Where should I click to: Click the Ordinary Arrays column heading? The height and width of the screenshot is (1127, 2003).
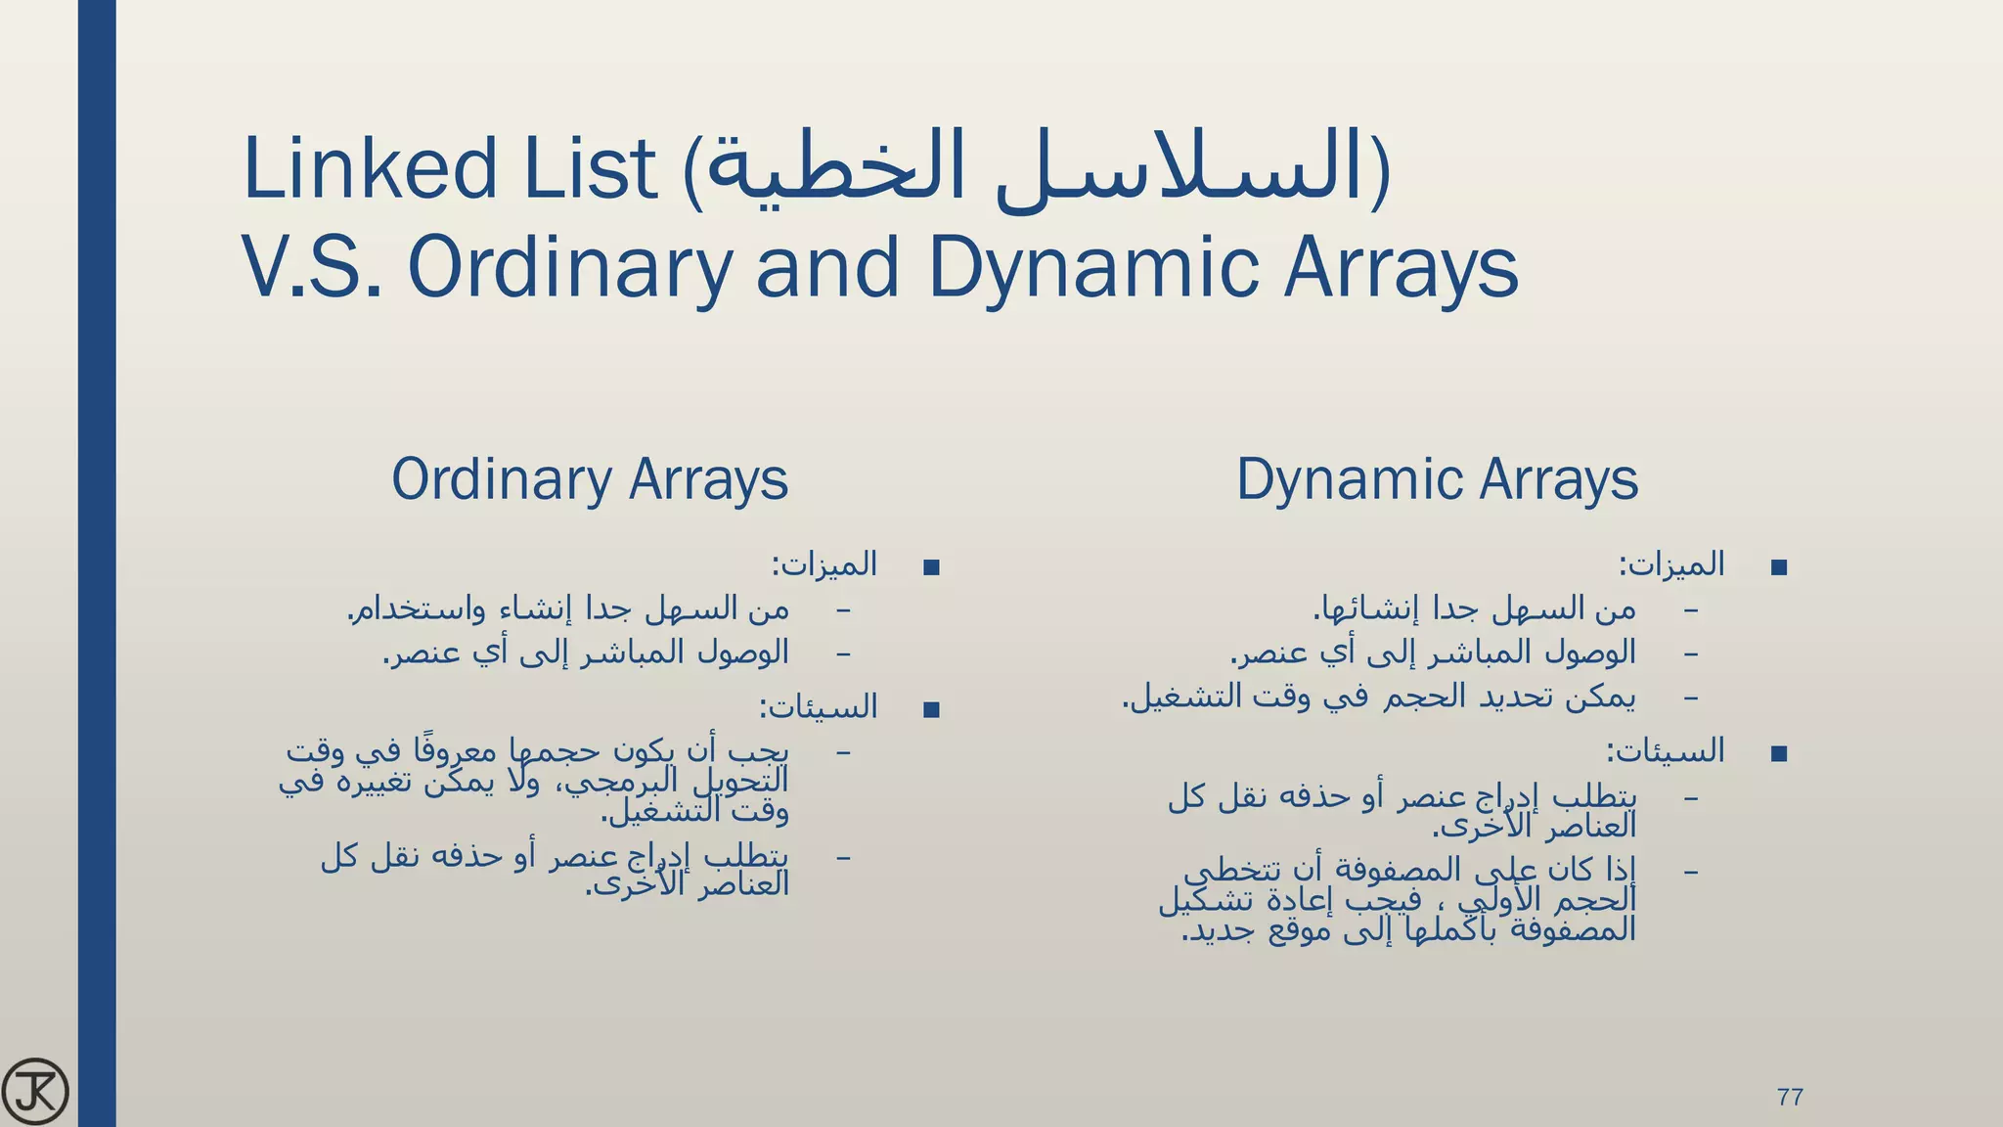tap(590, 479)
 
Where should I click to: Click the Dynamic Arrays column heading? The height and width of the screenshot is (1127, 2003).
tap(1437, 479)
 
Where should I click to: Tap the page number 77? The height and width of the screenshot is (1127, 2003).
tap(1790, 1097)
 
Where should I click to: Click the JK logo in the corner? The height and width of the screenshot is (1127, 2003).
tap(35, 1090)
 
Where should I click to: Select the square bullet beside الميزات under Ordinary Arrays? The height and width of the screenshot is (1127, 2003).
tap(931, 567)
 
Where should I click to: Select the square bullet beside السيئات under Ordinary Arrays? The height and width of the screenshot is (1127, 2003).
tap(931, 710)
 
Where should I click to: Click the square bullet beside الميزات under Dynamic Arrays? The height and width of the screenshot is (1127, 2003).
tap(1779, 567)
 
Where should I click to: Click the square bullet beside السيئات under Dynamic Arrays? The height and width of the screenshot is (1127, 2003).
tap(1779, 753)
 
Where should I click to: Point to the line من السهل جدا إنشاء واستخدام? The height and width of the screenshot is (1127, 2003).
tap(568, 609)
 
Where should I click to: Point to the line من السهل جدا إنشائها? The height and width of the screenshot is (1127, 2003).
tap(1474, 609)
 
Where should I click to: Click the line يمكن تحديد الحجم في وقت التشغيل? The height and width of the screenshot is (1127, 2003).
tap(1379, 698)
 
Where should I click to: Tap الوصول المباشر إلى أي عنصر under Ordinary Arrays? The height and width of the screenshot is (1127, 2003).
tap(586, 653)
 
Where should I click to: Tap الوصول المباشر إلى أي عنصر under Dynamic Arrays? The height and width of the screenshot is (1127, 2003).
tap(1433, 653)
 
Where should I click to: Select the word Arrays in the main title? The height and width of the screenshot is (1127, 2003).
tap(1401, 268)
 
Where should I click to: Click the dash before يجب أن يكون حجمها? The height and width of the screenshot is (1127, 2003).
tap(843, 752)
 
